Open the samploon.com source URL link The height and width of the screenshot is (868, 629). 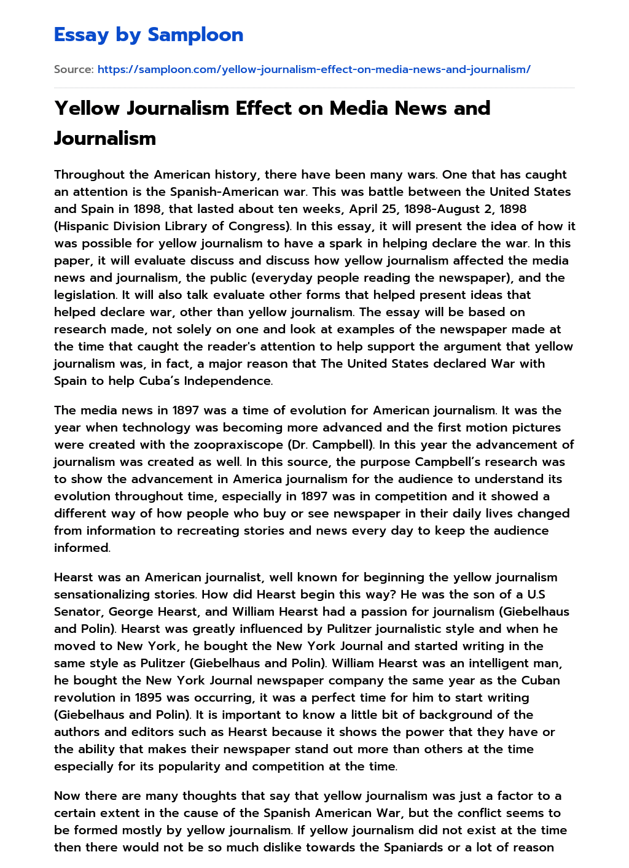[314, 69]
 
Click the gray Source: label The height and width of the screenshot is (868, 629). [74, 69]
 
